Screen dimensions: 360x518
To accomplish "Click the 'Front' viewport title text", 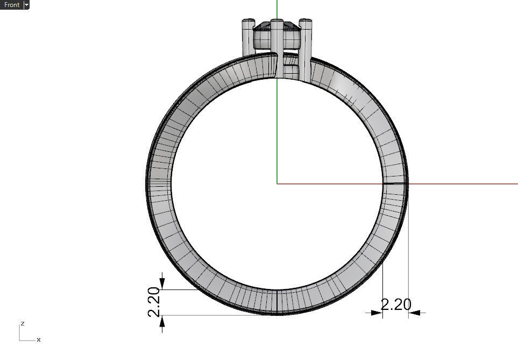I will tap(11, 5).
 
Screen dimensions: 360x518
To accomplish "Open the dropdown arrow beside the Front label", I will tap(26, 5).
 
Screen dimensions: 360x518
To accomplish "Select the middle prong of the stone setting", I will tap(276, 48).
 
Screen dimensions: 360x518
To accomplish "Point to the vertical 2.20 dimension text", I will tap(154, 302).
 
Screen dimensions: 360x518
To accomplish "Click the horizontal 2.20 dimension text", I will tap(396, 305).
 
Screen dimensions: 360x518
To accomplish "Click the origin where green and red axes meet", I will tap(276, 183).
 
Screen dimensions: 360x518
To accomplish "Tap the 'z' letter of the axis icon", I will tap(22, 323).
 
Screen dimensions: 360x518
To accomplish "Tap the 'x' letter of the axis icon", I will tap(39, 340).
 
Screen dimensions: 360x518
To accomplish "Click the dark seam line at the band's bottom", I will tap(276, 302).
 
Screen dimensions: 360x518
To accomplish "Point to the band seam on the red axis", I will tap(395, 183).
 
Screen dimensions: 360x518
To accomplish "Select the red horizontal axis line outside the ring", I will tap(463, 183).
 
